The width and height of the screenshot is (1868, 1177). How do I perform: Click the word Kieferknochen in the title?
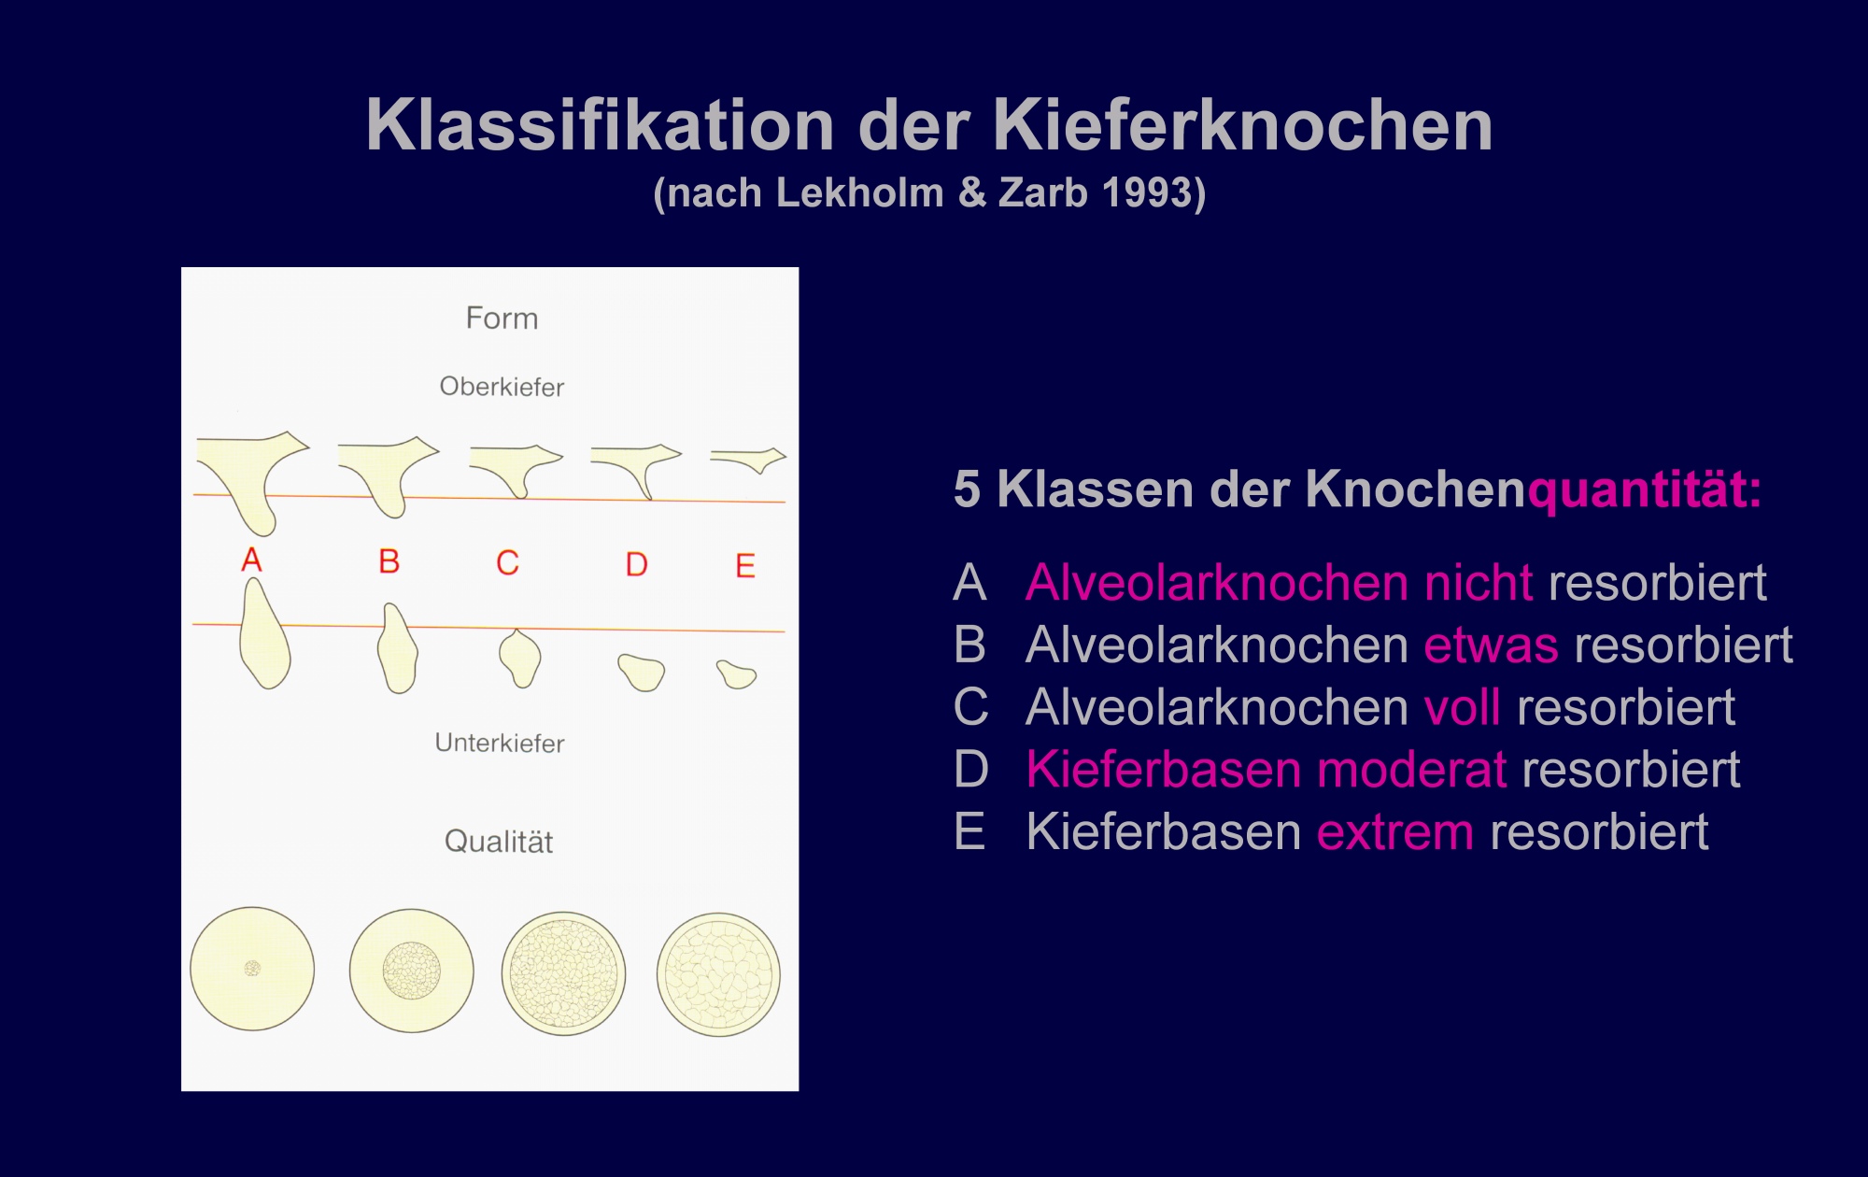click(x=1242, y=125)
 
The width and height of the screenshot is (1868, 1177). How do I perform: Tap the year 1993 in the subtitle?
click(x=1146, y=192)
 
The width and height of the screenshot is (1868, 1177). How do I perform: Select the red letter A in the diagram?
click(x=251, y=560)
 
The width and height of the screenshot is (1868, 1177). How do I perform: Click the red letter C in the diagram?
click(x=507, y=562)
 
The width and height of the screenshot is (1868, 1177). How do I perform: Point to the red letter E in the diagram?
click(x=745, y=565)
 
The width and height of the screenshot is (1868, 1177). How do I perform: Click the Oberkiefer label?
click(x=502, y=387)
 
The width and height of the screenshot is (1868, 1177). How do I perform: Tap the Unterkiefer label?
click(x=500, y=743)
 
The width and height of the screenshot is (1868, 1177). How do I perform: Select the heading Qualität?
click(x=499, y=841)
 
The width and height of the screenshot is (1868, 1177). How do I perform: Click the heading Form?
click(x=502, y=318)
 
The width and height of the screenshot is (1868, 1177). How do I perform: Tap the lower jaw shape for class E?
click(x=737, y=674)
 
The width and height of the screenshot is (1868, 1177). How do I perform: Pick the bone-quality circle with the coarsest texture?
click(x=718, y=974)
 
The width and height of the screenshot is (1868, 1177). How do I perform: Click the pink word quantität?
click(x=1644, y=490)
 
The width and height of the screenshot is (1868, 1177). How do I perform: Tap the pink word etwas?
click(x=1491, y=645)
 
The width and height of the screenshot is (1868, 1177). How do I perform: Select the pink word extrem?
click(x=1395, y=832)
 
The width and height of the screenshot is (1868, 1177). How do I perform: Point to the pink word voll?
click(x=1463, y=707)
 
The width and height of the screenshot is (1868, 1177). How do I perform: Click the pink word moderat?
click(x=1412, y=770)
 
